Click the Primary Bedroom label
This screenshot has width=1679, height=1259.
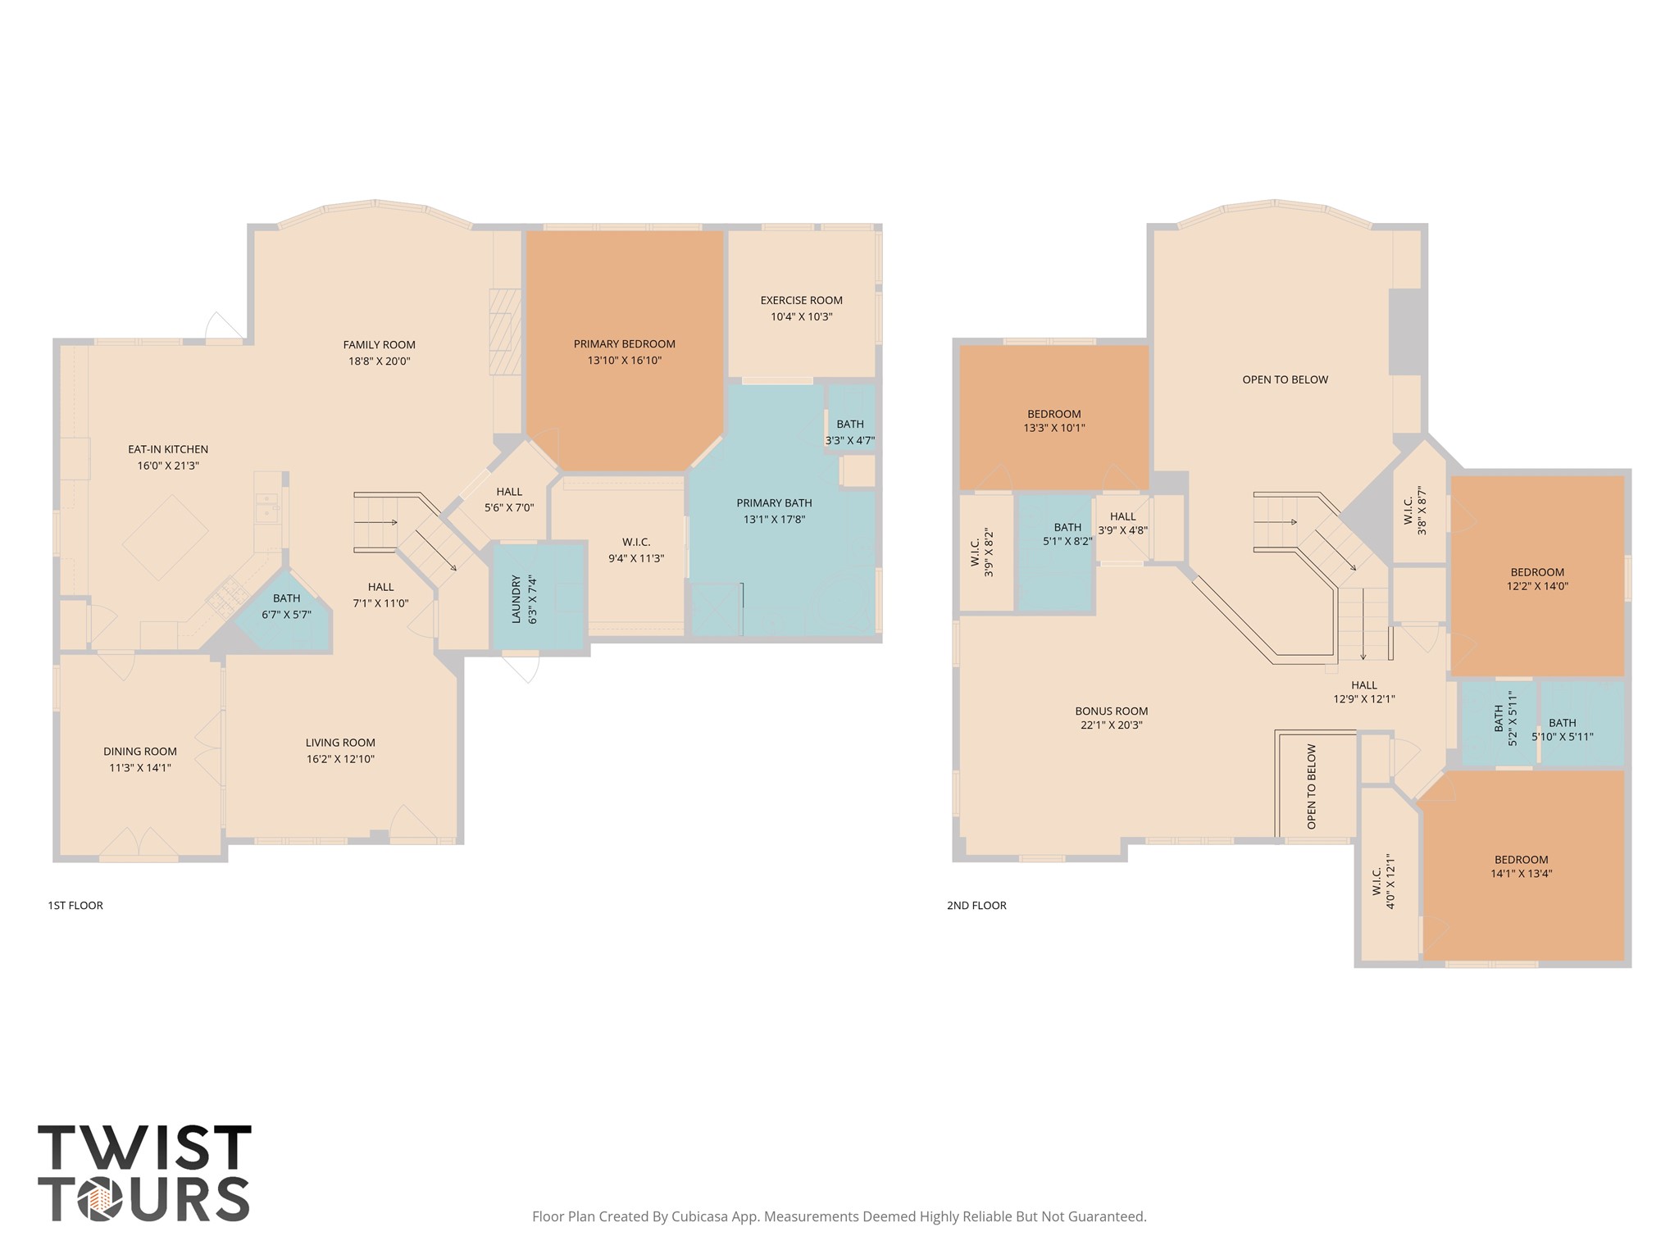tap(624, 344)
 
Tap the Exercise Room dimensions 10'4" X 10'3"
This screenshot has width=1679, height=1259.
tap(801, 317)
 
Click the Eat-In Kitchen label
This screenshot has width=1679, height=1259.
tap(168, 449)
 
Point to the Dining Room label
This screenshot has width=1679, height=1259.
tap(140, 752)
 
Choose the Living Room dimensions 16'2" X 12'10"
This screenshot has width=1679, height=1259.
tap(340, 759)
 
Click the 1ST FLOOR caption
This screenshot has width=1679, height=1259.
tap(75, 906)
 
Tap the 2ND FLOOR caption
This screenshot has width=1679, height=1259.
tap(976, 906)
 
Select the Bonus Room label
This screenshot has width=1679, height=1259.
tap(1111, 711)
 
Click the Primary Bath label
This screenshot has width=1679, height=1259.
tap(774, 503)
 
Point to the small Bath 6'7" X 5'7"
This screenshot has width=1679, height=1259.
tap(286, 607)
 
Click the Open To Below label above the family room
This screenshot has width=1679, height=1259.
tap(1285, 380)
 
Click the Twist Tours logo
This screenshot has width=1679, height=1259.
tap(144, 1172)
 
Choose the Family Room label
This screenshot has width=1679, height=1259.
tap(379, 345)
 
